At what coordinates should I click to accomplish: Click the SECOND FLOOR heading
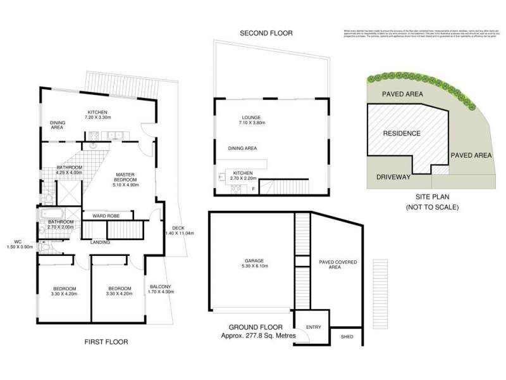click(266, 33)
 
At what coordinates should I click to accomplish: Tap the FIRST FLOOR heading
click(106, 342)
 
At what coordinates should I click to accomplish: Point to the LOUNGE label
click(251, 117)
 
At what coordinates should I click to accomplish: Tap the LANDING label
click(101, 242)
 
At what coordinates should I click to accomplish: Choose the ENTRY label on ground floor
click(313, 327)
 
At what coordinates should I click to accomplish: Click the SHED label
click(347, 337)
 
